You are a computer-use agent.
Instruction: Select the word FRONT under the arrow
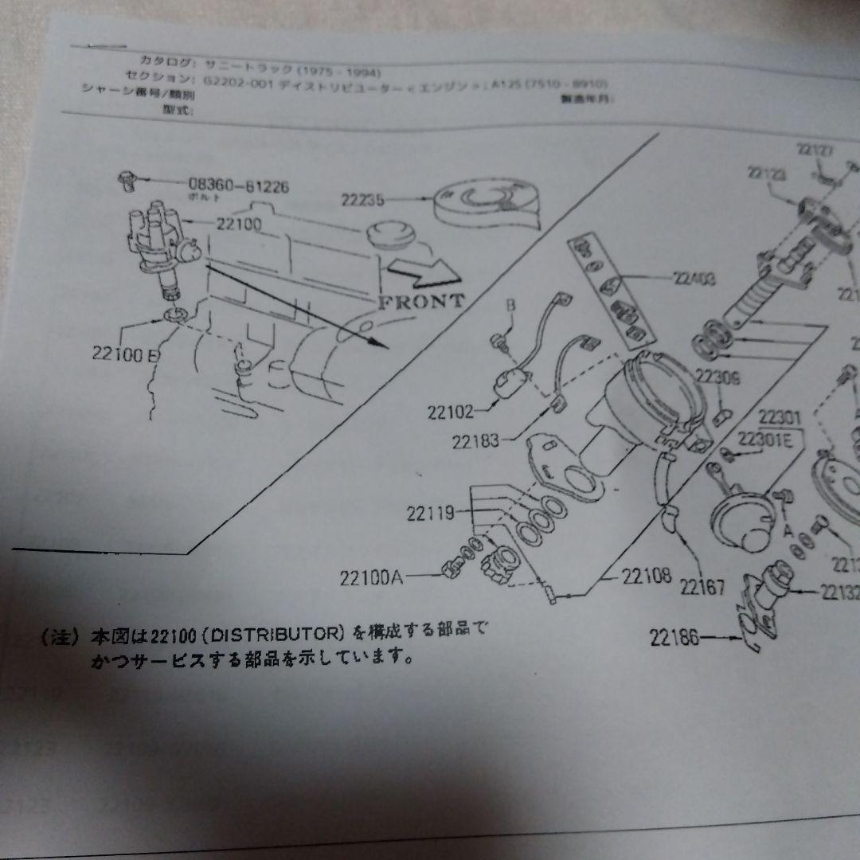coord(421,301)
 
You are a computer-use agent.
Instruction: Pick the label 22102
coord(450,412)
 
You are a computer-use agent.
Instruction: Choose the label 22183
coord(477,440)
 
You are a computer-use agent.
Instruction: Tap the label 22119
coord(430,514)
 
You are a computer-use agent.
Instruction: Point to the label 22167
coord(702,588)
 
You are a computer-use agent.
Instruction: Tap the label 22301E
coord(764,439)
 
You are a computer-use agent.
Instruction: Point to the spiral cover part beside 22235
coord(486,202)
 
